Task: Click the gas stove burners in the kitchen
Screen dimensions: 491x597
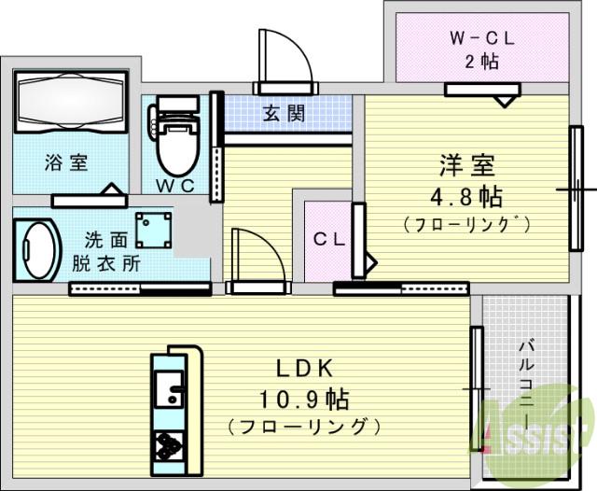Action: (x=169, y=445)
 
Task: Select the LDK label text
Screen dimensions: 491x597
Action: (x=303, y=368)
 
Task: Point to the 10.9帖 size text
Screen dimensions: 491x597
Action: (x=304, y=400)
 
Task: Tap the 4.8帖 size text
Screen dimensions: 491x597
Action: (x=466, y=196)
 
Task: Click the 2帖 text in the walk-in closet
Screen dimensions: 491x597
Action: (x=481, y=63)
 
